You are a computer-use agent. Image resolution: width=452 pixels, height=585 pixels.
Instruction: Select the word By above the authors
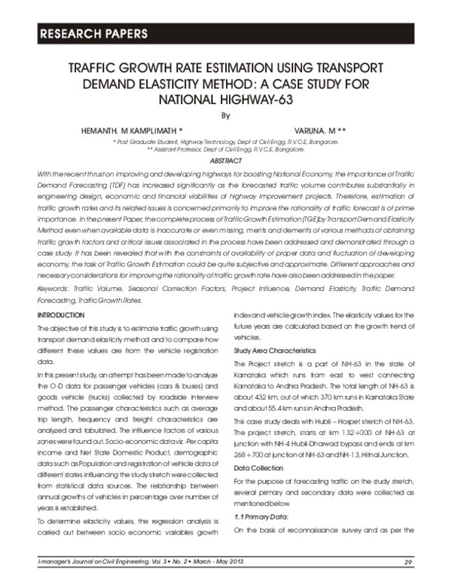pos(224,116)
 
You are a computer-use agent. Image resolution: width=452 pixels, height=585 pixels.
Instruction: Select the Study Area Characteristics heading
pos(275,351)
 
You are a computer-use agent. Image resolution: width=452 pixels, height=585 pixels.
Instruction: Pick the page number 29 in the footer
pos(408,562)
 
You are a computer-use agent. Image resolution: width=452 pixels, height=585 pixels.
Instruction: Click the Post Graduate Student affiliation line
pos(224,141)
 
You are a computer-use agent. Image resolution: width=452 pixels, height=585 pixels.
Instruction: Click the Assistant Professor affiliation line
pos(224,149)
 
